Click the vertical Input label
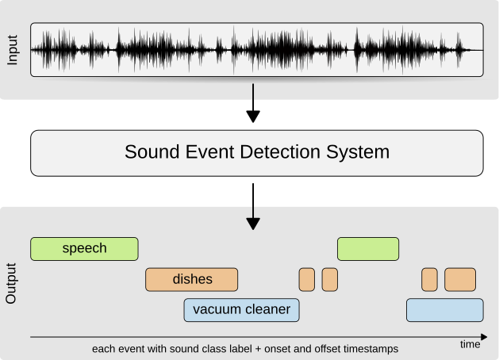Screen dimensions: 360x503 click(x=11, y=49)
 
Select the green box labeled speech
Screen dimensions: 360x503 click(x=84, y=249)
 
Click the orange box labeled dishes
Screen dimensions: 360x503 click(x=191, y=279)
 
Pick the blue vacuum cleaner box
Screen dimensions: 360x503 click(x=241, y=309)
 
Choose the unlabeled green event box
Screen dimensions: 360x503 click(x=368, y=249)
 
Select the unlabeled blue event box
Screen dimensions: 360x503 click(x=444, y=309)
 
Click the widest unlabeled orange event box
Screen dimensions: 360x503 click(x=459, y=279)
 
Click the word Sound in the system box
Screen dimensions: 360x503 click(x=148, y=152)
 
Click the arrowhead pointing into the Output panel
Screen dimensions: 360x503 click(x=253, y=223)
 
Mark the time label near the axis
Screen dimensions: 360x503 click(x=470, y=345)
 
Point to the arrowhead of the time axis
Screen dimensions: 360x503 click(x=482, y=337)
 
